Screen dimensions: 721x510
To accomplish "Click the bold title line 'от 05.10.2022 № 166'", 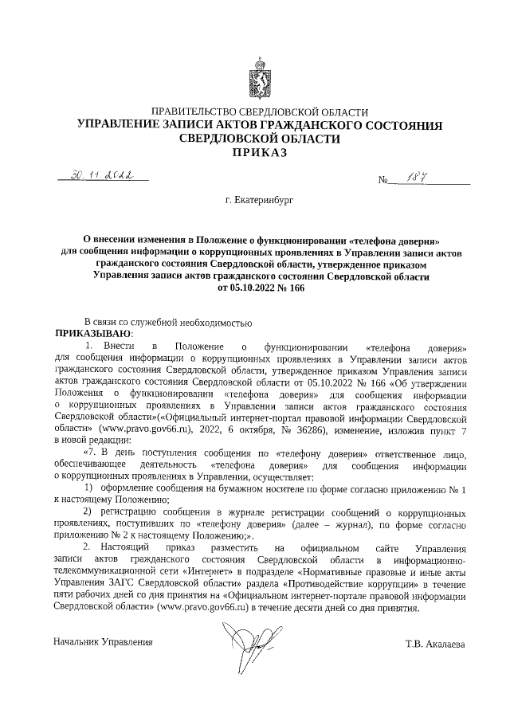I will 261,288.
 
